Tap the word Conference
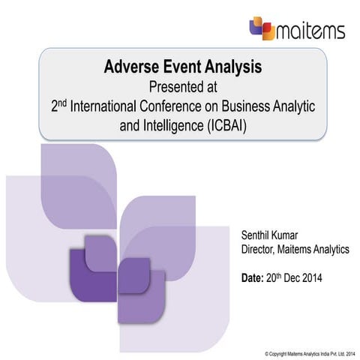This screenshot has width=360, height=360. coord(190,106)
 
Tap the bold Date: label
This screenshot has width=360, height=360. coord(253,277)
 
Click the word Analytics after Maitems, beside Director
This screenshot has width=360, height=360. coord(331,249)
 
